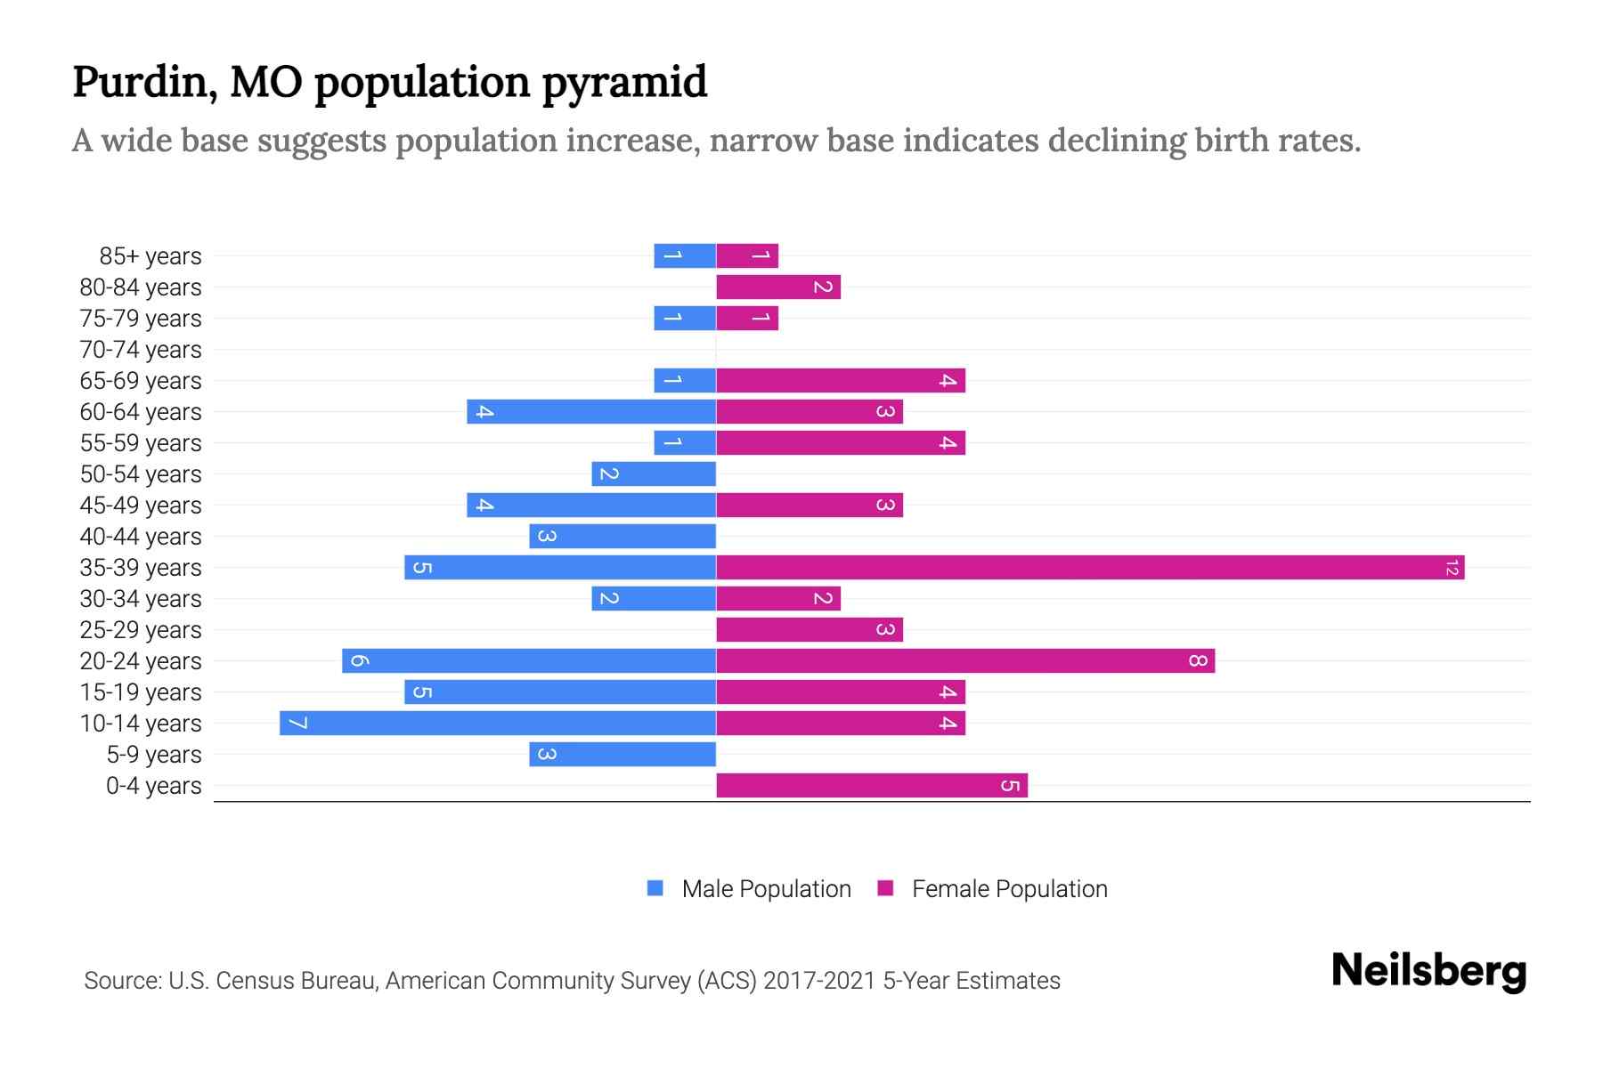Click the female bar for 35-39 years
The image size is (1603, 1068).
click(x=1090, y=568)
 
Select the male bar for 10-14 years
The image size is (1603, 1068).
click(x=498, y=724)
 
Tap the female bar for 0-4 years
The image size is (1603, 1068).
click(x=872, y=786)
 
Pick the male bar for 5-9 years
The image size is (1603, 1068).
click(x=622, y=755)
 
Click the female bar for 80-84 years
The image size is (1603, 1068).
click(x=778, y=287)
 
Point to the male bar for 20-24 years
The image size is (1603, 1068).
click(x=529, y=661)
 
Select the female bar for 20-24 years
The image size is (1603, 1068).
click(x=965, y=661)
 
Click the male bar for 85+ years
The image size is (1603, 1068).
click(x=685, y=256)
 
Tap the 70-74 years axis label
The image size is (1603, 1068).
click(x=141, y=350)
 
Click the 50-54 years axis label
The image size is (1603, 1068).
click(x=141, y=474)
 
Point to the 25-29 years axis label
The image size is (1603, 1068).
click(x=141, y=630)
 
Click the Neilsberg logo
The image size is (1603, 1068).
click(x=1428, y=971)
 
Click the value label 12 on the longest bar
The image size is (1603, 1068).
click(x=1452, y=568)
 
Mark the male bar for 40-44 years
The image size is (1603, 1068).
click(x=622, y=537)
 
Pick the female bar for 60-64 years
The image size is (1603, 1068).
click(x=810, y=412)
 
